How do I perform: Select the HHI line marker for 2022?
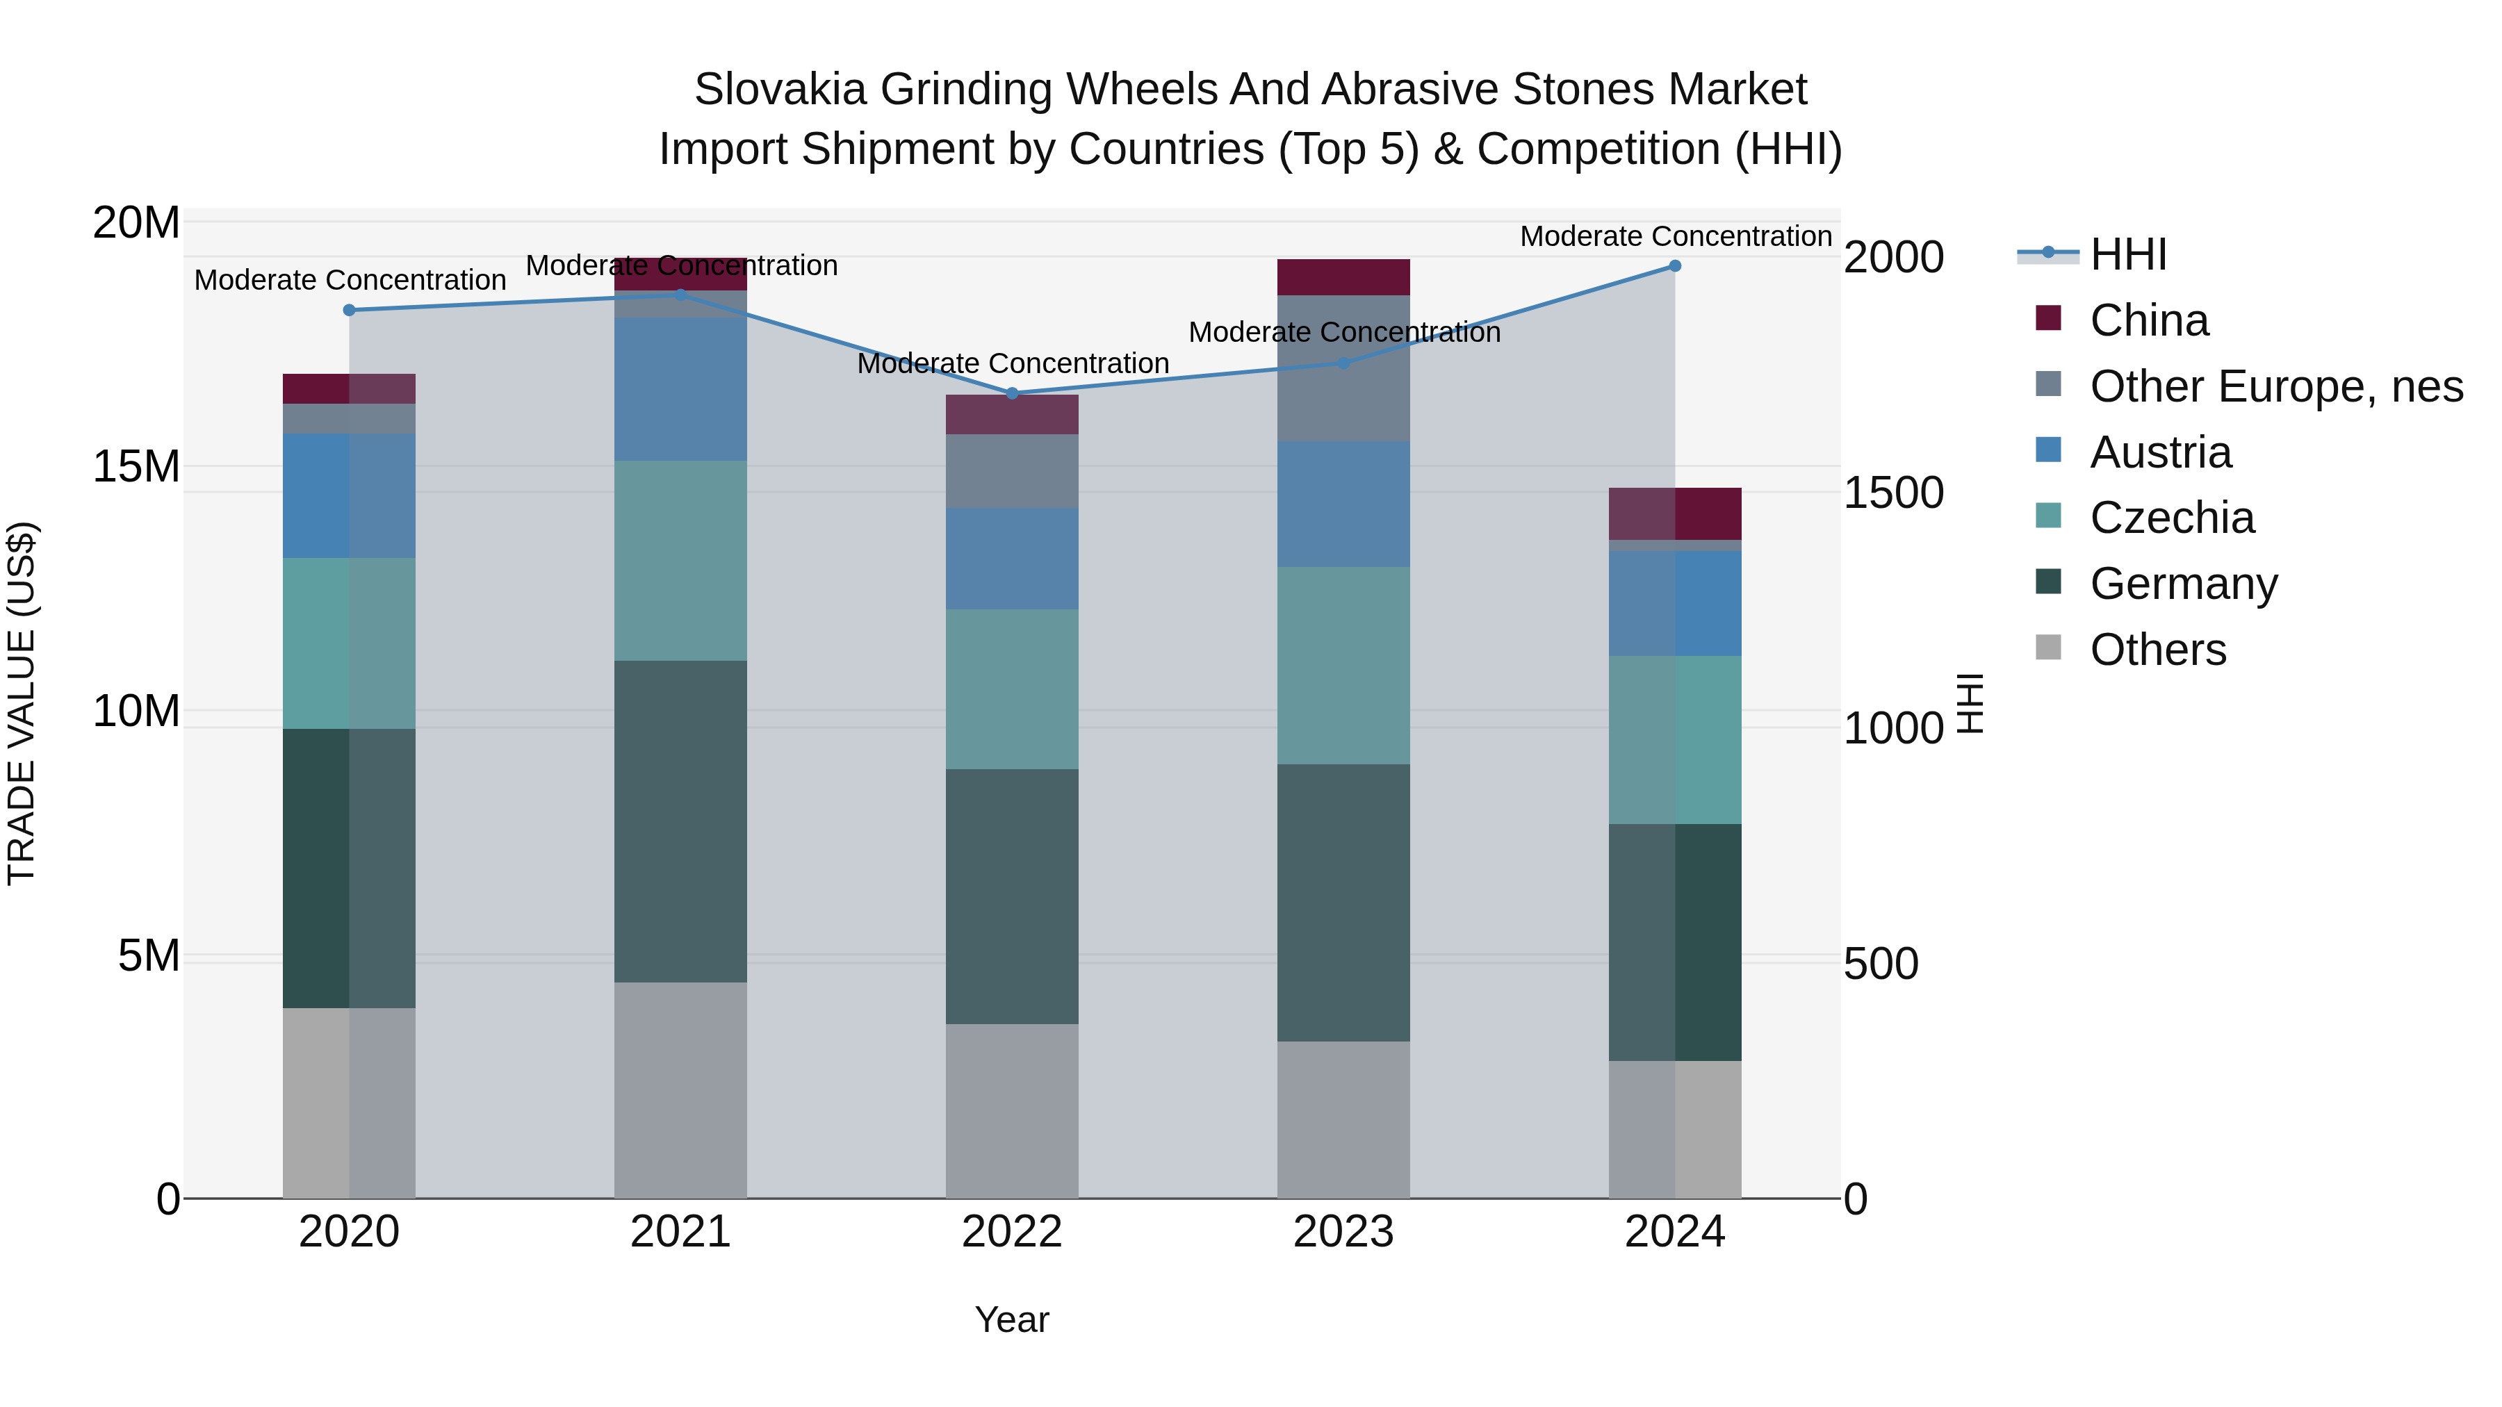pyautogui.click(x=1012, y=393)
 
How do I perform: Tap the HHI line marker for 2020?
pyautogui.click(x=350, y=310)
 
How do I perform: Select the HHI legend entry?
pyautogui.click(x=2127, y=254)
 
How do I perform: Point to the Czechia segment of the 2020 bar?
pyautogui.click(x=350, y=643)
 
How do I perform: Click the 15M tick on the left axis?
pyautogui.click(x=136, y=467)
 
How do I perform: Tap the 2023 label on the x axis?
pyautogui.click(x=1343, y=1232)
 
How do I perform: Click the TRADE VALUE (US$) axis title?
pyautogui.click(x=22, y=703)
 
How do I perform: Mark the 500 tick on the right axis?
pyautogui.click(x=1881, y=964)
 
